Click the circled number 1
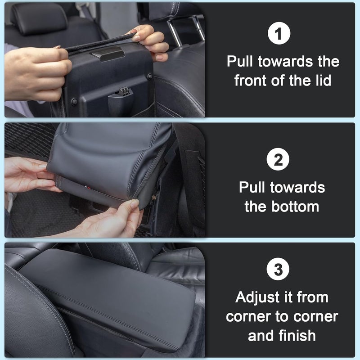tap(279, 35)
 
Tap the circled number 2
tap(279, 160)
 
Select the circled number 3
tap(279, 270)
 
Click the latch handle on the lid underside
tap(107, 55)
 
